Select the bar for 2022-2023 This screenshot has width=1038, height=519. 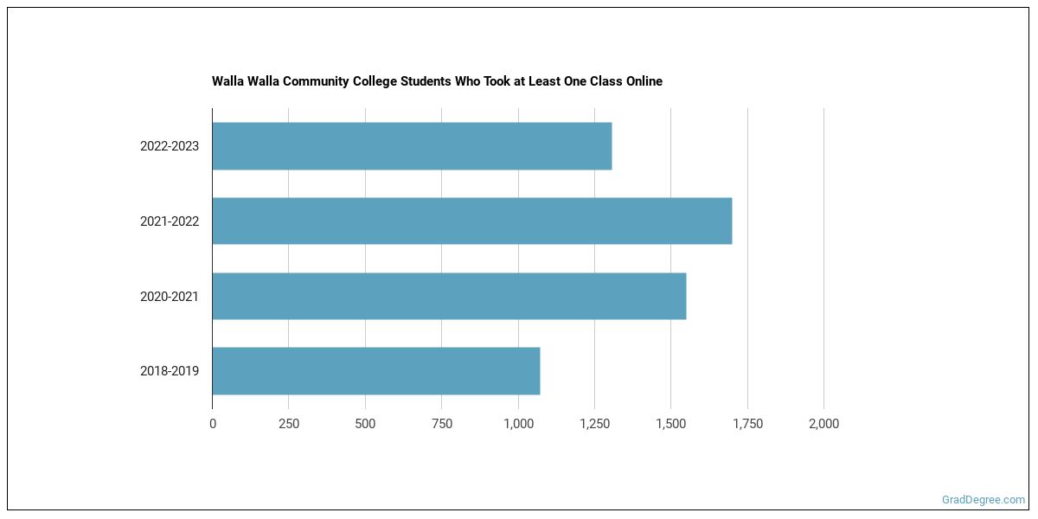coord(412,146)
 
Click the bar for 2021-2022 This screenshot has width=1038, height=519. coord(472,221)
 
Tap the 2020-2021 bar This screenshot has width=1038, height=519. coord(449,297)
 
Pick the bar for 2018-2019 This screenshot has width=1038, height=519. coord(376,371)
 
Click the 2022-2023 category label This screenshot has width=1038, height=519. coord(170,146)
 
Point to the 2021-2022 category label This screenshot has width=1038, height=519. coord(170,221)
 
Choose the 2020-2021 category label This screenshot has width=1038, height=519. coord(170,297)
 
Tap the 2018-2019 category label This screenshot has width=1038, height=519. coord(170,371)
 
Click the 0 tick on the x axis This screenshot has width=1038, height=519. coord(213,424)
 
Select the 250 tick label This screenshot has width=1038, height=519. coord(289,424)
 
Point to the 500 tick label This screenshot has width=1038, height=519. coord(365,424)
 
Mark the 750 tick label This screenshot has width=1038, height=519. coord(441,424)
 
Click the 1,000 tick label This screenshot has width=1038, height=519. coord(518,424)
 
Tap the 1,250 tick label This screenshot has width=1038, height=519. coord(594,424)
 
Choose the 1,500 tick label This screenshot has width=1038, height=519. coord(670,424)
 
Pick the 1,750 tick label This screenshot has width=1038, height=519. coord(747,424)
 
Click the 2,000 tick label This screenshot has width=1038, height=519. coord(823,424)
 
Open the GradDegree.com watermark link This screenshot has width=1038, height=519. coord(984,500)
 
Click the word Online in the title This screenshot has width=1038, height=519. coord(642,81)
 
